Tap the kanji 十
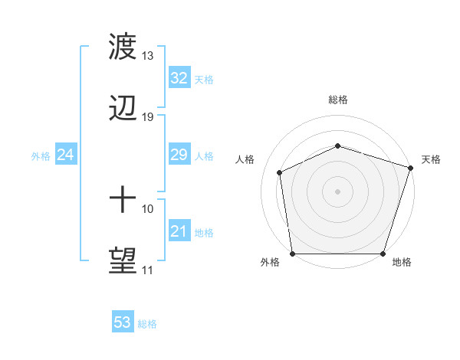click(123, 201)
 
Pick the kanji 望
click(123, 261)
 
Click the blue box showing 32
click(179, 78)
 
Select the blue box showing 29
click(179, 155)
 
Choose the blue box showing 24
click(66, 155)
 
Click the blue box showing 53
click(122, 322)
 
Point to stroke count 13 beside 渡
click(148, 56)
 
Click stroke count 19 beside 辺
click(148, 117)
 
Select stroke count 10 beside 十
click(148, 208)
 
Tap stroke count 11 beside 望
click(148, 270)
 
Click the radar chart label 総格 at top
click(337, 100)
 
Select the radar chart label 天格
click(431, 159)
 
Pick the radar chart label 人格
click(245, 159)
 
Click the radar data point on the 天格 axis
click(410, 168)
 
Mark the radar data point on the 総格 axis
click(337, 146)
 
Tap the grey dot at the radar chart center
click(337, 191)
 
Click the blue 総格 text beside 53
click(148, 324)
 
